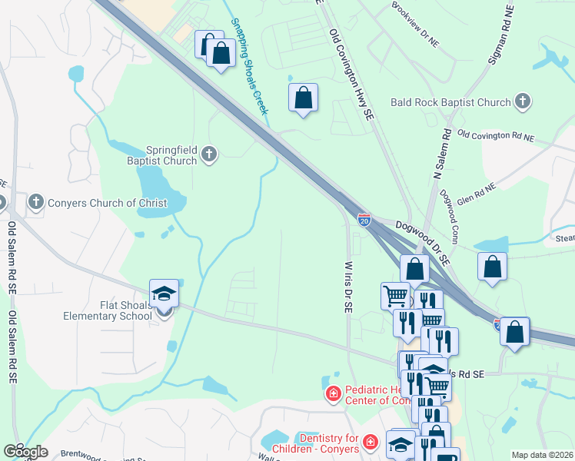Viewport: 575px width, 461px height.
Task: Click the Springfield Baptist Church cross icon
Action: pyautogui.click(x=208, y=156)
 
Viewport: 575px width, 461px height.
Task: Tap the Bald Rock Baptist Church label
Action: pyautogui.click(x=450, y=102)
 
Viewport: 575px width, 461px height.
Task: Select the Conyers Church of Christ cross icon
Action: pyautogui.click(x=35, y=203)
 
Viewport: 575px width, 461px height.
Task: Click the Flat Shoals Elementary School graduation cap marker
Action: pyautogui.click(x=164, y=295)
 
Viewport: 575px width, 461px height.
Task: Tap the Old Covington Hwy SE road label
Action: pyautogui.click(x=351, y=75)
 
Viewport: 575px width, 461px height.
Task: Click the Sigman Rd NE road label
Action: pyautogui.click(x=500, y=36)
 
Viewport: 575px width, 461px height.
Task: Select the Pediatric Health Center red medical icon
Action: pyautogui.click(x=333, y=394)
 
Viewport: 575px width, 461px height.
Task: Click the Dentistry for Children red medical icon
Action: pyautogui.click(x=371, y=443)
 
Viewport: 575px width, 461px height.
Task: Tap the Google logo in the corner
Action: pyautogui.click(x=25, y=451)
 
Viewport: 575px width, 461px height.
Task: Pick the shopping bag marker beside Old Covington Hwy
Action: pyautogui.click(x=304, y=98)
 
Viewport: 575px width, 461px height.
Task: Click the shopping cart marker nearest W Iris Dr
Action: pyautogui.click(x=395, y=296)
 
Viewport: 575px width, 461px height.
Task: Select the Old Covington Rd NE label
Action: pyautogui.click(x=495, y=136)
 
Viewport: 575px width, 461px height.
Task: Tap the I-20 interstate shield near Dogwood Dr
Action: pyautogui.click(x=364, y=220)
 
